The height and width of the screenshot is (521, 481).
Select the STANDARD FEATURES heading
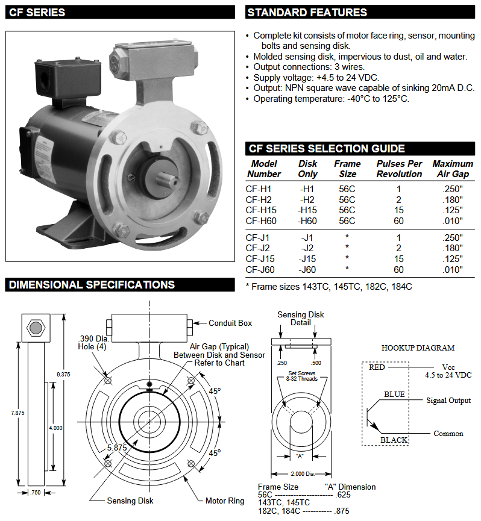[307, 12]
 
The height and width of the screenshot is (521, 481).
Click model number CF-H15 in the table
[261, 210]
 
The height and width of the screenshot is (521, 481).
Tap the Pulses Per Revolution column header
[399, 169]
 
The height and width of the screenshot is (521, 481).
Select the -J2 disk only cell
[307, 248]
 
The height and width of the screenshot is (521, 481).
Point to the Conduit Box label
[230, 323]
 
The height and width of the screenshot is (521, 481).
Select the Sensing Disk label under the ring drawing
[130, 501]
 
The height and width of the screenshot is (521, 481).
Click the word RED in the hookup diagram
[377, 367]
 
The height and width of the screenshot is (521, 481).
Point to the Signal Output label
[448, 401]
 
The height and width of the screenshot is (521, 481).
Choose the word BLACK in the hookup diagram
[394, 440]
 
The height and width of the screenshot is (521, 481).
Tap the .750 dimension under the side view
[36, 493]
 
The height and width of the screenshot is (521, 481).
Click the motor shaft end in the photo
[163, 178]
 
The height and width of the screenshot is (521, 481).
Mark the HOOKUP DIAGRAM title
[418, 348]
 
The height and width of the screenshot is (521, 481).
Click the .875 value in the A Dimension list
[342, 510]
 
